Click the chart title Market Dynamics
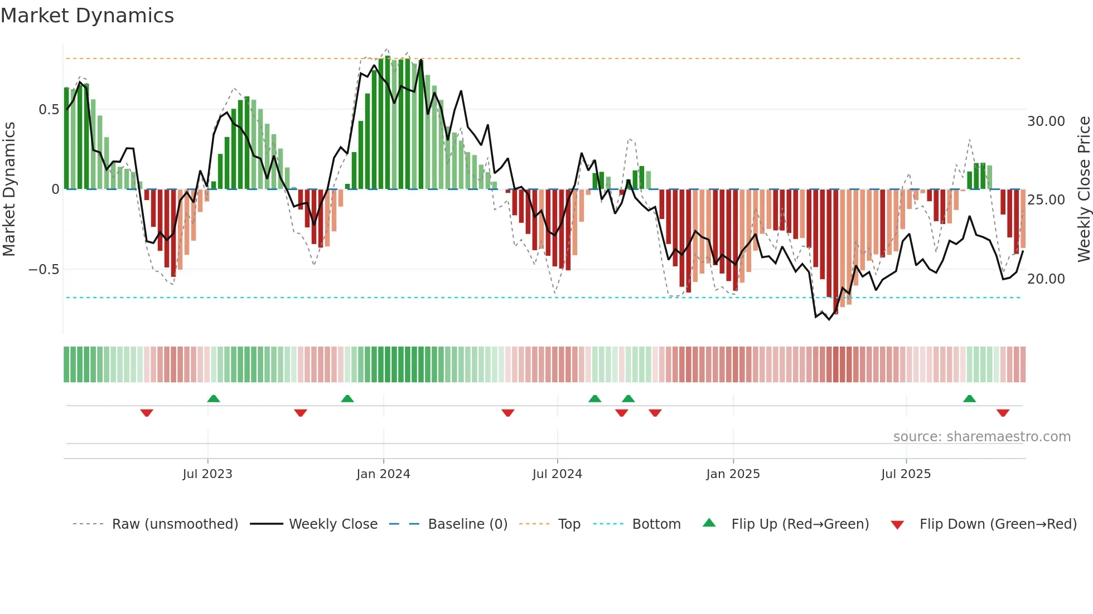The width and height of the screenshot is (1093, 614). [88, 16]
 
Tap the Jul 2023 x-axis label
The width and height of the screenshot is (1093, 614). [207, 474]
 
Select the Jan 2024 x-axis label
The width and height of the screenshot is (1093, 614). [383, 474]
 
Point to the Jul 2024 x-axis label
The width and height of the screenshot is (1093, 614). [557, 474]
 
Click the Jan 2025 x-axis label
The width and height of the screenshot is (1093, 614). [733, 474]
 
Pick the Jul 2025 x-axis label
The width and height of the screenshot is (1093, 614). [906, 474]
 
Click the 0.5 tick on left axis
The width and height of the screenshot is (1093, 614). [49, 110]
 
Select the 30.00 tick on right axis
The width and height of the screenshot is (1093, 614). [1046, 121]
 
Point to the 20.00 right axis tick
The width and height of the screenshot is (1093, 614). [1046, 279]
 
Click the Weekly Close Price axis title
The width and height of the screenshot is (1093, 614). [1084, 189]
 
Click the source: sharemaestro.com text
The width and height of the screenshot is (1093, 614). [981, 437]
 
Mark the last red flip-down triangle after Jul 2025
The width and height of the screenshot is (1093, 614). [1003, 413]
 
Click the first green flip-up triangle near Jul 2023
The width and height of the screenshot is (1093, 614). [214, 398]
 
